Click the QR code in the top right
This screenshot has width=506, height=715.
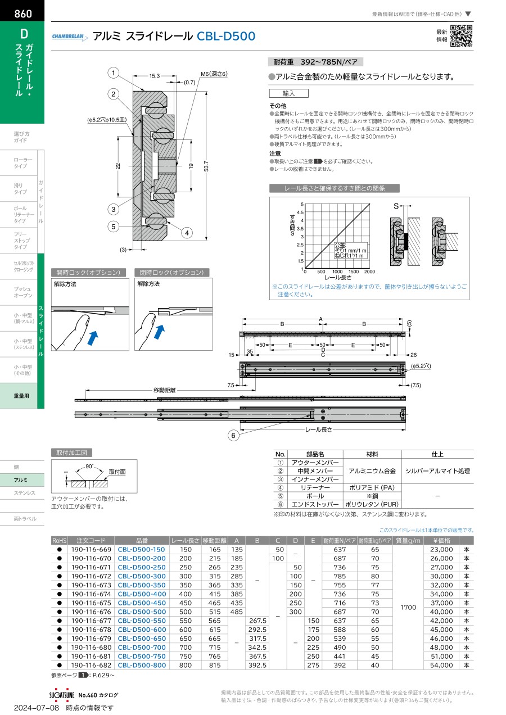461,36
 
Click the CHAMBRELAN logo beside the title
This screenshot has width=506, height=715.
70,37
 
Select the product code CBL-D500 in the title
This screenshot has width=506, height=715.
225,37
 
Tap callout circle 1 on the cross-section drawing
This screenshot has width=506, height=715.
113,73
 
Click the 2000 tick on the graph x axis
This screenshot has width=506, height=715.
369,271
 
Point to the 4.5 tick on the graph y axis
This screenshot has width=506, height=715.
300,212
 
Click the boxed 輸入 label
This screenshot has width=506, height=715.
289,93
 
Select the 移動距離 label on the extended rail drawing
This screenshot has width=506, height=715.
164,390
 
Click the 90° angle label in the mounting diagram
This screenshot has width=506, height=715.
89,467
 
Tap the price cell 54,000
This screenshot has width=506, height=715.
441,665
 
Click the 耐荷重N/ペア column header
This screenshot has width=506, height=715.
339,540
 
